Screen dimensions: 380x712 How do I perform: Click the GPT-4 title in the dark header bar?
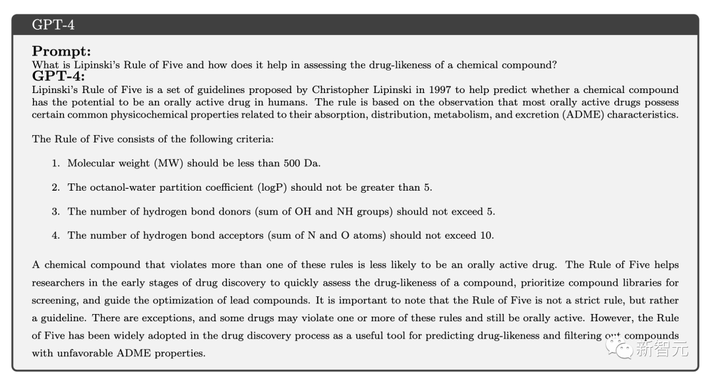click(53, 26)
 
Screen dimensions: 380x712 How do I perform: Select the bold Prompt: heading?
click(61, 51)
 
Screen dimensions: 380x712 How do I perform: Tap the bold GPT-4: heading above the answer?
click(58, 76)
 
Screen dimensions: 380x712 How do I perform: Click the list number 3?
click(55, 212)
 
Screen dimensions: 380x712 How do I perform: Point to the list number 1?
click(55, 163)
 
